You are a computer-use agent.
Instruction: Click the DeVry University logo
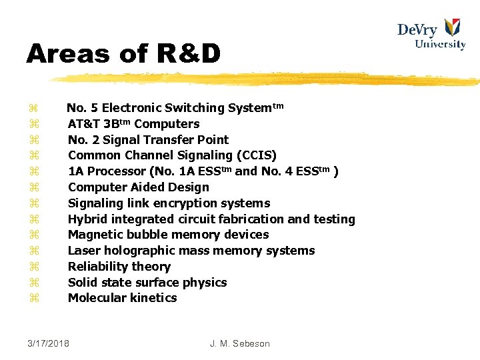[x=431, y=34]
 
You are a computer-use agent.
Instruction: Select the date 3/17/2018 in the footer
[x=49, y=343]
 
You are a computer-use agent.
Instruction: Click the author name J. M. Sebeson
[x=239, y=343]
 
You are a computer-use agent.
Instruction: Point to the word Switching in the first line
[x=194, y=108]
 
